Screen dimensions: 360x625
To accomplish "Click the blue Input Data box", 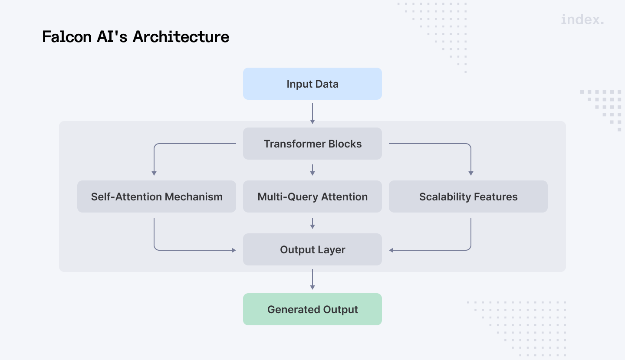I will pos(312,84).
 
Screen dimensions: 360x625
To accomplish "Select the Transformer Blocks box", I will pos(312,144).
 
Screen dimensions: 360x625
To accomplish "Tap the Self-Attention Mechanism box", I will pos(156,196).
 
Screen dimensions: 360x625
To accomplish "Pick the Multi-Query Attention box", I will pos(312,196).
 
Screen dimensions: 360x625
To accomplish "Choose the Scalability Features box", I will pos(468,196).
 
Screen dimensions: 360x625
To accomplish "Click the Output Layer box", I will pos(312,249).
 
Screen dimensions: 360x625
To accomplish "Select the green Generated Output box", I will pos(312,309).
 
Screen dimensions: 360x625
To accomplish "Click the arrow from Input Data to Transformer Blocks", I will pos(312,114).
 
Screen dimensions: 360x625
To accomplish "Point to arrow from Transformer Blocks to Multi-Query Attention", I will pos(312,170).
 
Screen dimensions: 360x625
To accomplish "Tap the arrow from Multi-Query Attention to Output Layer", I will pos(312,223).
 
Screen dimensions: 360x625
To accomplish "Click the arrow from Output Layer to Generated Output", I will pos(312,279).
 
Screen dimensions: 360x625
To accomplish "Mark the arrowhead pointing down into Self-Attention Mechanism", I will pos(154,173).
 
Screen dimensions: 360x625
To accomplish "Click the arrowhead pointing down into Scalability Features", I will pos(471,173).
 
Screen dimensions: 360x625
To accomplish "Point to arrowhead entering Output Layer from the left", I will pos(234,250).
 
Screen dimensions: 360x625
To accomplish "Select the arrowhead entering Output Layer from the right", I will pos(391,250).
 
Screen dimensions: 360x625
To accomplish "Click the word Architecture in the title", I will pos(181,37).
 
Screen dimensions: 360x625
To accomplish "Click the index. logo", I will pos(582,20).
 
